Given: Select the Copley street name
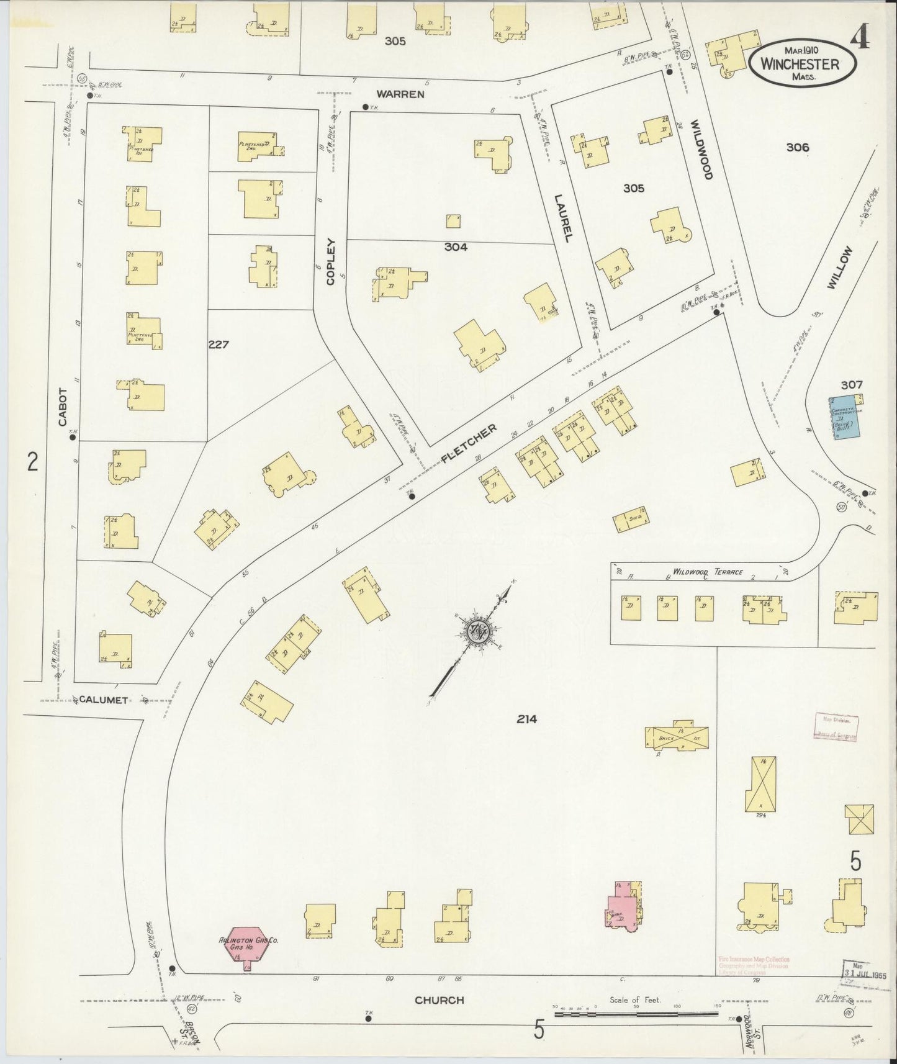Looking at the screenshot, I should pos(330,262).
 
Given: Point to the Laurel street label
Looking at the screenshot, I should pos(562,217).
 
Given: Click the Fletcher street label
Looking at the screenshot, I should pos(469,444).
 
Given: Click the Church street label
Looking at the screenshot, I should pos(439,1000).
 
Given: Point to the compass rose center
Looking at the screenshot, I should pos(479,631).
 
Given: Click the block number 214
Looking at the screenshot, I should pos(526,719).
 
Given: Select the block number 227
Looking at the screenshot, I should pos(219,344).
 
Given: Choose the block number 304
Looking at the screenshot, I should pos(456,247).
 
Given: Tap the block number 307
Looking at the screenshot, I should pos(852,385).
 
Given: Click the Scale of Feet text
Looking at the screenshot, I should pos(635,1000).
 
